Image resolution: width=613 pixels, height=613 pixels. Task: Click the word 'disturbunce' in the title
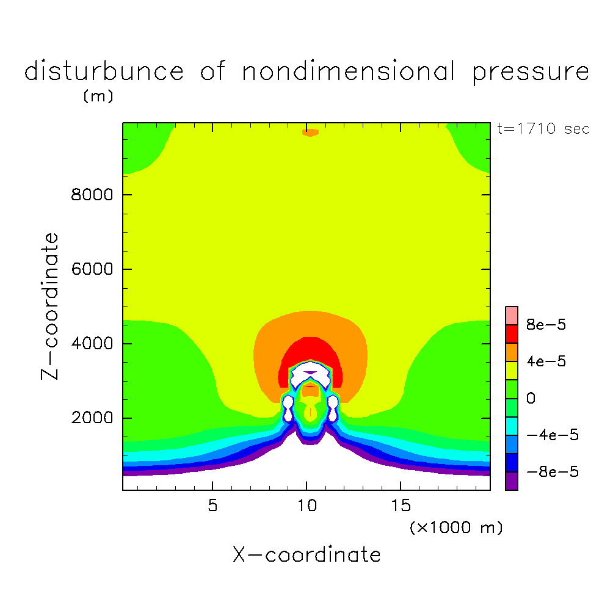(x=104, y=72)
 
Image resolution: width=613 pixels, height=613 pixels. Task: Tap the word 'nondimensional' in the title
(x=349, y=72)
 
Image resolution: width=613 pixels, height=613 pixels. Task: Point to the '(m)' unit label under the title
(x=98, y=96)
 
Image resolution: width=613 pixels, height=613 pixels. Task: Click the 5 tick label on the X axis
(x=212, y=506)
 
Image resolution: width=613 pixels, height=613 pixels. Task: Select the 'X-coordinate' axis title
(x=306, y=555)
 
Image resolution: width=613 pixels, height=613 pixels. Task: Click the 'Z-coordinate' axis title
(x=52, y=306)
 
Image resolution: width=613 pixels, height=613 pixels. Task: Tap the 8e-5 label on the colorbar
(x=546, y=325)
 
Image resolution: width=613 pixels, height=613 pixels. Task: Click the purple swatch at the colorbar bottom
(x=512, y=481)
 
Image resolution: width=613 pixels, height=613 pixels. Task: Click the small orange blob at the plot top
(x=310, y=132)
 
